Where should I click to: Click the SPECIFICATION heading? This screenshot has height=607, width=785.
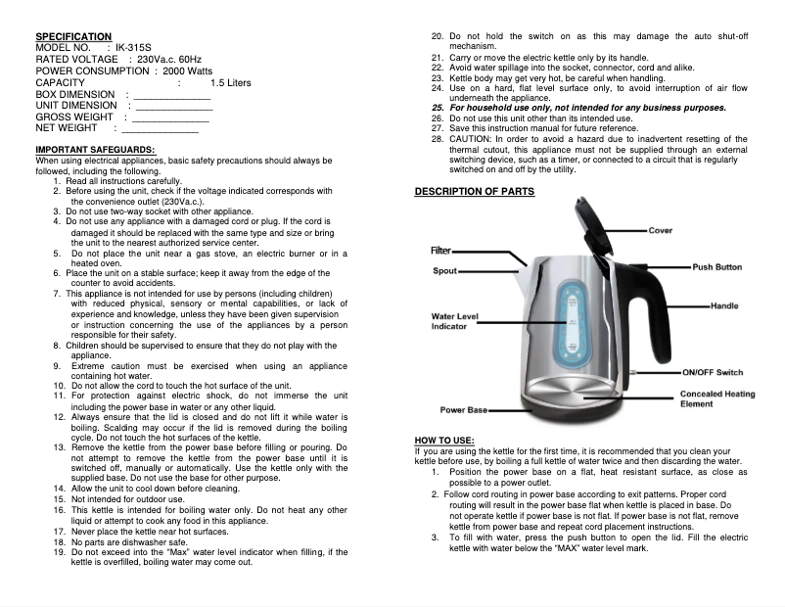pyautogui.click(x=73, y=35)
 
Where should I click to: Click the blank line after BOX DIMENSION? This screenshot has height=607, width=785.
pyautogui.click(x=170, y=94)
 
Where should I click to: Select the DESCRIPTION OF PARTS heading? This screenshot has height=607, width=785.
pyautogui.click(x=475, y=191)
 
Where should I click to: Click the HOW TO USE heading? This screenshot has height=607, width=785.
pyautogui.click(x=445, y=442)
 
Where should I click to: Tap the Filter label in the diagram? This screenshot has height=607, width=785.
pyautogui.click(x=442, y=251)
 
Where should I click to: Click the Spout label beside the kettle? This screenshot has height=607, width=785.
pyautogui.click(x=445, y=270)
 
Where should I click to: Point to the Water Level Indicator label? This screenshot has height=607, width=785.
pyautogui.click(x=455, y=320)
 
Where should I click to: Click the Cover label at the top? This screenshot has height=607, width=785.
pyautogui.click(x=661, y=231)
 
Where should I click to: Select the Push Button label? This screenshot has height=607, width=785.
pyautogui.click(x=716, y=267)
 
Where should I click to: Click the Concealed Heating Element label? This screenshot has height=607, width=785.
pyautogui.click(x=716, y=398)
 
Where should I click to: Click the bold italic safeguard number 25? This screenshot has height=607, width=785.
pyautogui.click(x=439, y=108)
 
